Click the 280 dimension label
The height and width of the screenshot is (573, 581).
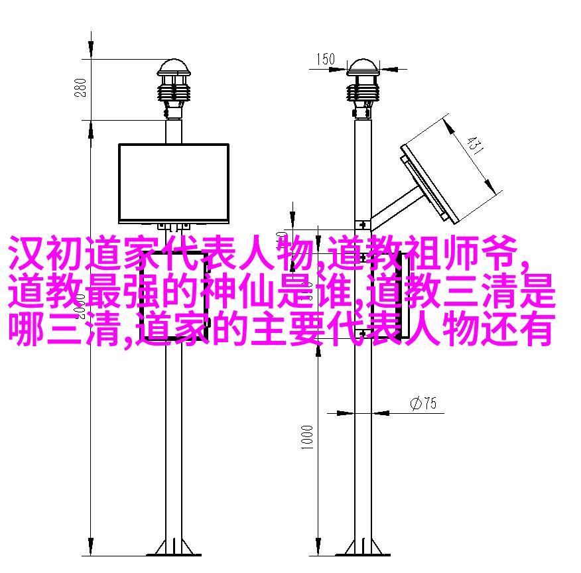point(80,88)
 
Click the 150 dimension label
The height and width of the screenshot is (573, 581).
point(326,59)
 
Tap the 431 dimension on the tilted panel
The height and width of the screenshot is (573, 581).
point(475,145)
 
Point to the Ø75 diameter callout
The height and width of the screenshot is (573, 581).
point(424,403)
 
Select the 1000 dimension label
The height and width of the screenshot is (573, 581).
point(307,437)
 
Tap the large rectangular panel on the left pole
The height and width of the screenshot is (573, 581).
point(173,183)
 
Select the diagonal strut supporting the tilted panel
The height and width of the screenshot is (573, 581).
point(394,208)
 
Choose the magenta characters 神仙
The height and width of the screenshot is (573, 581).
point(237,291)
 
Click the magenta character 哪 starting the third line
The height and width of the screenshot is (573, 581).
point(26,329)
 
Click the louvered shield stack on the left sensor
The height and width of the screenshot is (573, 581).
point(173,90)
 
